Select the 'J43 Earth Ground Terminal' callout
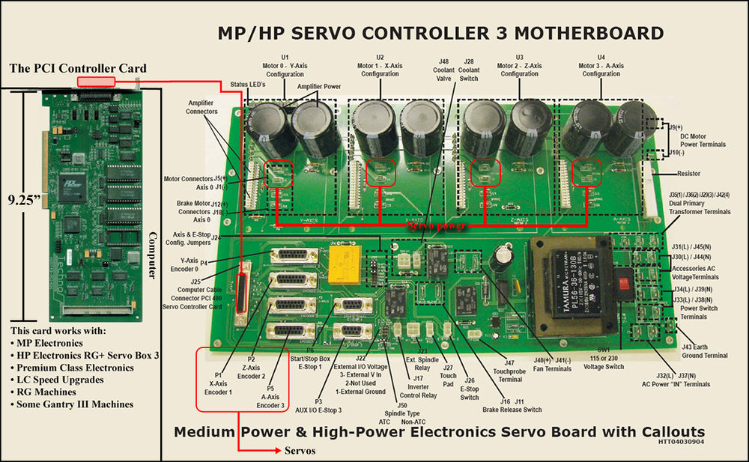[x=704, y=351]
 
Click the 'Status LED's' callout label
[x=248, y=85]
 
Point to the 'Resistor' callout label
[x=688, y=173]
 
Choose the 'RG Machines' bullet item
[x=53, y=391]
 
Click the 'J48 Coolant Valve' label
[x=443, y=70]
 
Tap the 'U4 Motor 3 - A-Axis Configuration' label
[x=601, y=66]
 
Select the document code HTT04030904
[x=682, y=442]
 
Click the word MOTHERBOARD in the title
[x=592, y=34]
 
